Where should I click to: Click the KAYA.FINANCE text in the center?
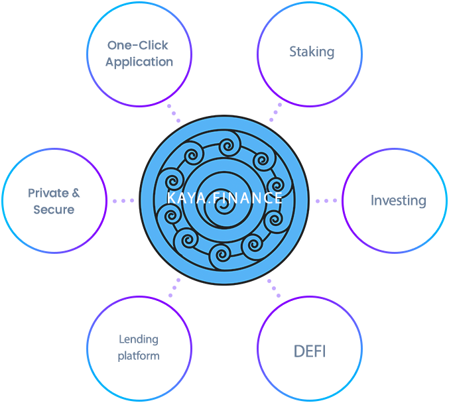pos(225,198)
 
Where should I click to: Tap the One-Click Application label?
pos(139,54)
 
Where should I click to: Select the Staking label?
pos(311,52)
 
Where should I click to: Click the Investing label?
pos(398,201)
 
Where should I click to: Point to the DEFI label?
pos(309,351)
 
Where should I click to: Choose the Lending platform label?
pos(139,347)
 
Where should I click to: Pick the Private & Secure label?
pos(54,201)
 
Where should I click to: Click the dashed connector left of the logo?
pos(123,200)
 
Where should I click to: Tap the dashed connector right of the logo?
pos(326,200)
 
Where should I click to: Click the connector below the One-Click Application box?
pos(173,111)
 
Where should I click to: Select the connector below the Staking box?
pos(275,111)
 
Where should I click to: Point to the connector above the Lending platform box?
pos(174,289)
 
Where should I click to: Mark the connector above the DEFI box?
pos(273,289)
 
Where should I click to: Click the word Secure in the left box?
pos(54,209)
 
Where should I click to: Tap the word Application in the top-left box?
pos(139,62)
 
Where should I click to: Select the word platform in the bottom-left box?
pos(139,356)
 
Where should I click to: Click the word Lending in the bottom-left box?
pos(139,339)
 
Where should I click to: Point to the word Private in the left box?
pos(48,193)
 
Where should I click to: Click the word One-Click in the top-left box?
pos(139,46)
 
